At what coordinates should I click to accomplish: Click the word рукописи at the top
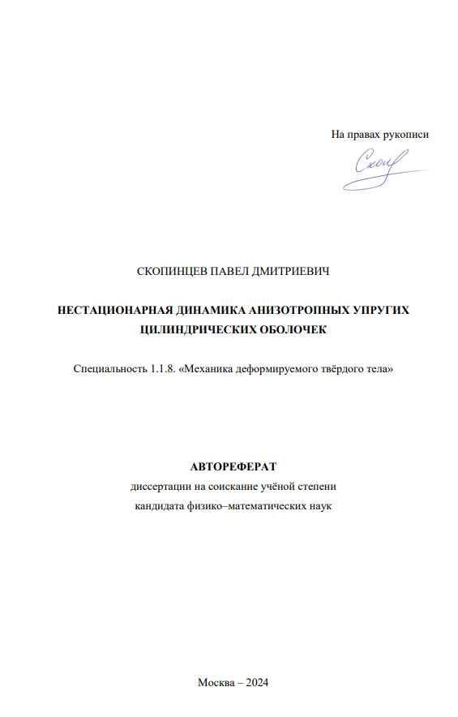(406, 135)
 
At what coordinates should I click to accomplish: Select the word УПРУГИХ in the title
(383, 310)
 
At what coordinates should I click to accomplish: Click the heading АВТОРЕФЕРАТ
(233, 466)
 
